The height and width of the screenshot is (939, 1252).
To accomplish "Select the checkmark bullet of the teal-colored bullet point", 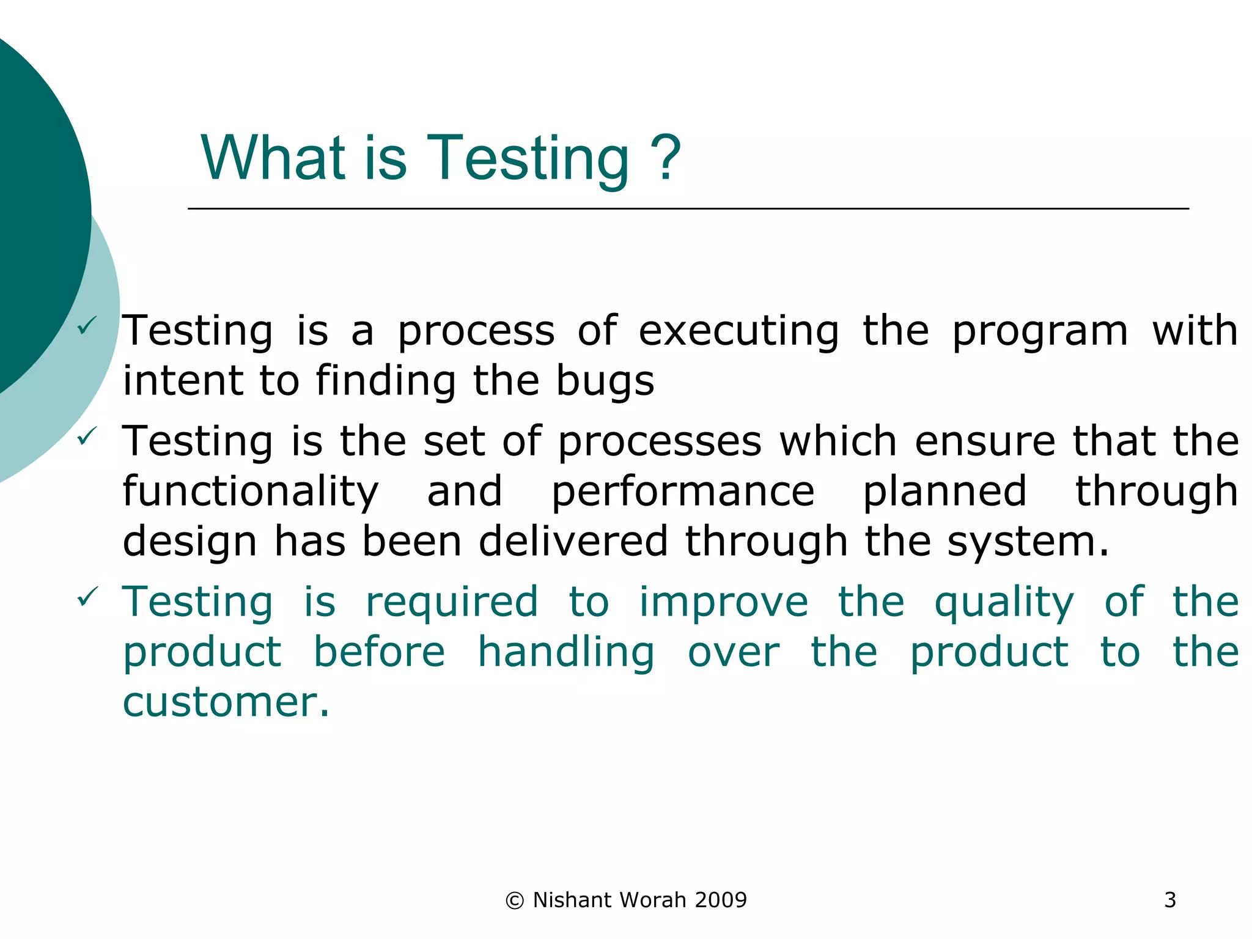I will (x=87, y=596).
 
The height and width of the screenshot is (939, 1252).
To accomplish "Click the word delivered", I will (x=573, y=542).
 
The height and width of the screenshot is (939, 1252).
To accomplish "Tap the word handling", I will (x=565, y=653).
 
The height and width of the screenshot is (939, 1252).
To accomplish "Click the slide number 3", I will (x=1169, y=900).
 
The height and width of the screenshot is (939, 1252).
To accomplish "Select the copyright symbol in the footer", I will (x=515, y=900).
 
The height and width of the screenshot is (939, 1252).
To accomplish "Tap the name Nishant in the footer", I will (x=572, y=900).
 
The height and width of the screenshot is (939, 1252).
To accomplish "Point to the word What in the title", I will (x=273, y=159).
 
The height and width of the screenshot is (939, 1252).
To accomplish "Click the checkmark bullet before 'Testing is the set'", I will (x=87, y=436).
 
